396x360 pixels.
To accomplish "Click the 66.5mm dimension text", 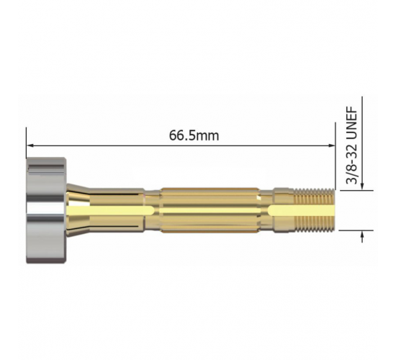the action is [x=194, y=135].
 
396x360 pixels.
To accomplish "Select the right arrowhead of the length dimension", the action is [x=331, y=145].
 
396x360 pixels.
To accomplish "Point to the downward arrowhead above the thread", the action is [x=362, y=186].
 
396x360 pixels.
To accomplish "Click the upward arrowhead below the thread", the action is [x=362, y=235].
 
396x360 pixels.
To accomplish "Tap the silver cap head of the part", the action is [x=46, y=210].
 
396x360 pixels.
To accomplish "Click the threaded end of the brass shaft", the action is [x=315, y=210].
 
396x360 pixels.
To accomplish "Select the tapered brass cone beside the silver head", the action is [x=78, y=210].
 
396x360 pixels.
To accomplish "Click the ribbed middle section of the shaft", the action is [x=210, y=210].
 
